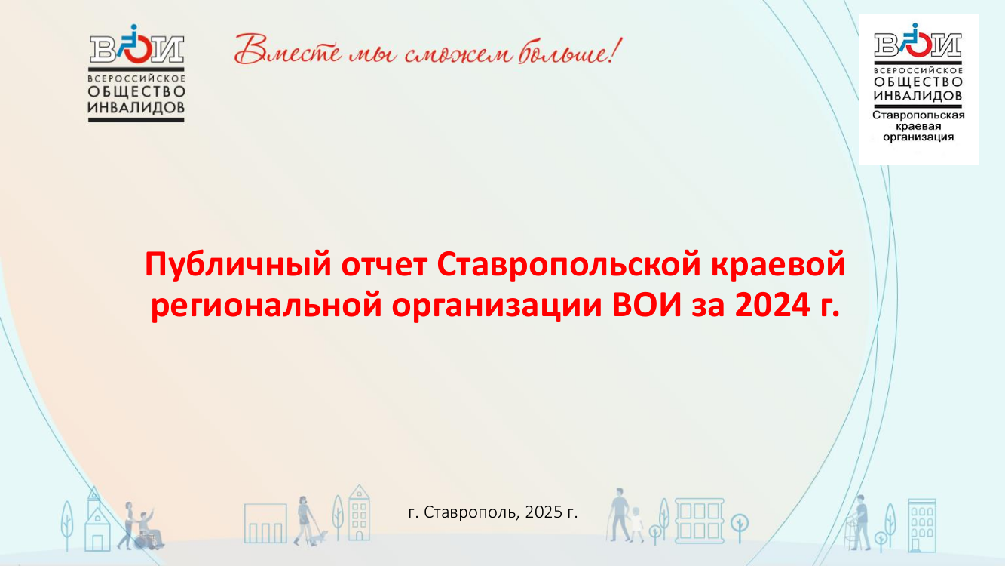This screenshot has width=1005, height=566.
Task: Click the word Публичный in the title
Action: click(x=238, y=266)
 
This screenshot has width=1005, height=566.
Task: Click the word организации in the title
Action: click(x=497, y=308)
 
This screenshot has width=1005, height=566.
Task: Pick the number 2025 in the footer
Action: click(x=544, y=512)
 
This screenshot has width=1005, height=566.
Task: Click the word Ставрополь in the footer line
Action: click(x=471, y=512)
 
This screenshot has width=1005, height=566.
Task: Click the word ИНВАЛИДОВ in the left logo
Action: click(x=136, y=108)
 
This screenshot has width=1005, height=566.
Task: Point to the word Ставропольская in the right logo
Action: click(x=918, y=115)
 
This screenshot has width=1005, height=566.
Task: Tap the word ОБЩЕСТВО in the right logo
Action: click(x=918, y=82)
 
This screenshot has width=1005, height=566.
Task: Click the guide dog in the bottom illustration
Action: click(x=320, y=537)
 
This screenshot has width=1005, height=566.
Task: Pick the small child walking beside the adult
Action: click(x=636, y=524)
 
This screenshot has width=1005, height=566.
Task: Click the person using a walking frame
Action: click(x=859, y=522)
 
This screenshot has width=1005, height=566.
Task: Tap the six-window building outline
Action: click(x=700, y=521)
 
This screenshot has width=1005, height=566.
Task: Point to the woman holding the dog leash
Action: click(x=305, y=521)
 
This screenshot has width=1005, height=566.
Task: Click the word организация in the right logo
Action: click(x=918, y=137)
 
